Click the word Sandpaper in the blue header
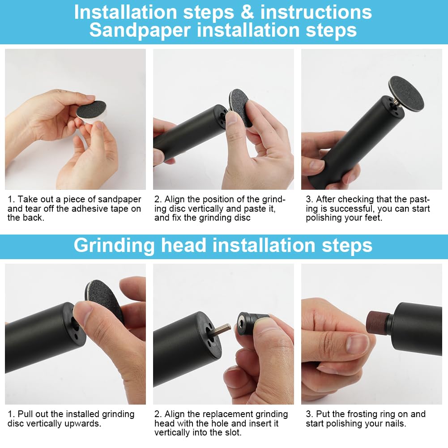pyautogui.click(x=140, y=30)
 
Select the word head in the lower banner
pyautogui.click(x=183, y=245)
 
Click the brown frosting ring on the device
pyautogui.click(x=377, y=322)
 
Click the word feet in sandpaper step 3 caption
pyautogui.click(x=373, y=218)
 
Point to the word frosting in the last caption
pyautogui.click(x=359, y=414)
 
